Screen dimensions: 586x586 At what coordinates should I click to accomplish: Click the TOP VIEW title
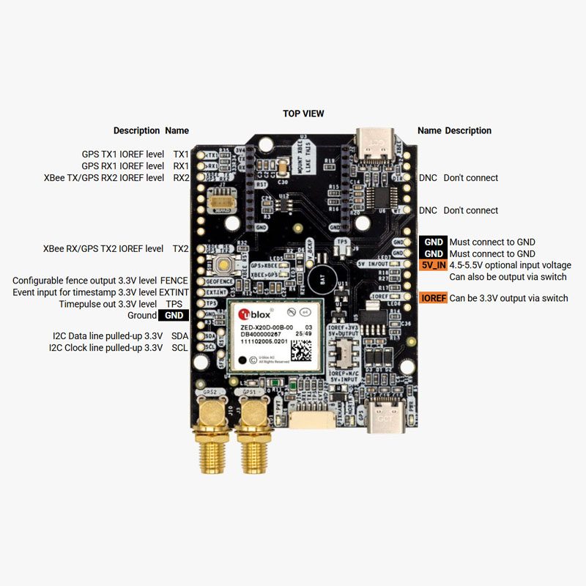303,114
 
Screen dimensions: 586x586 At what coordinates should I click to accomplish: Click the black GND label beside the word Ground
174,316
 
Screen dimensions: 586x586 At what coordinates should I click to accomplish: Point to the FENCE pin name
174,281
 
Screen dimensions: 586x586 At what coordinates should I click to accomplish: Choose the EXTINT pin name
174,292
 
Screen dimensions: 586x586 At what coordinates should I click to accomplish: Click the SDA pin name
179,335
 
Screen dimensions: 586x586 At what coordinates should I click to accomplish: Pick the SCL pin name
179,347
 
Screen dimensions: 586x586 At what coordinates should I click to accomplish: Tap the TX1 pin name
180,155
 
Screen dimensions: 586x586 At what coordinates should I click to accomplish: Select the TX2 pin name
180,249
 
